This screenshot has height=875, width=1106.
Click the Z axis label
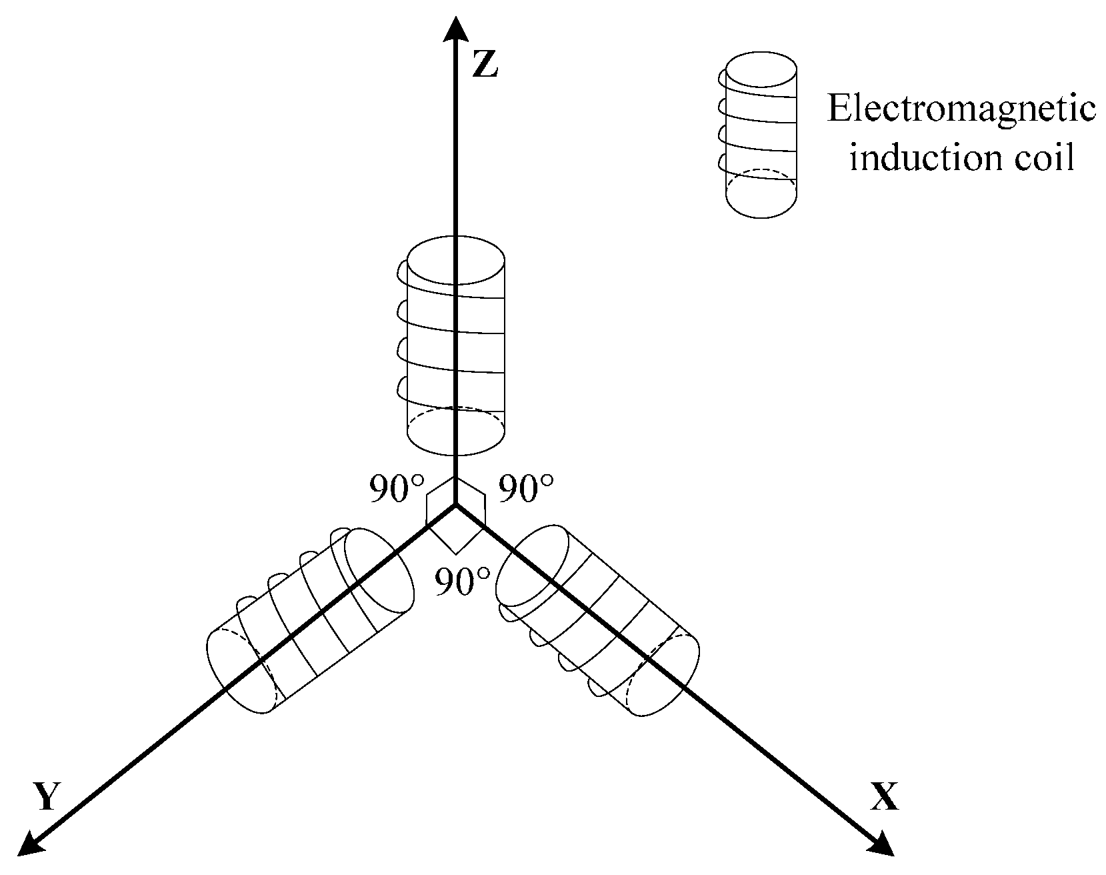point(485,65)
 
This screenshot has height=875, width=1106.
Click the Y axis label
point(45,796)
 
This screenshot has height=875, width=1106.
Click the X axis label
point(884,796)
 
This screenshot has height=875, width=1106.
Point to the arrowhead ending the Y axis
point(29,844)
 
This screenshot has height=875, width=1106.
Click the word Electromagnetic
point(961,109)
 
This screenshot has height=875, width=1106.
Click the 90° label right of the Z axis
point(527,490)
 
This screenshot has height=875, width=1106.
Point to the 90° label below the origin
point(462,582)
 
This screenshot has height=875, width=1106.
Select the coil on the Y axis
point(309,620)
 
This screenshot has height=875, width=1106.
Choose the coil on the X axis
point(598,620)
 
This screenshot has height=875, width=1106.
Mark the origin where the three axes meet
point(455,506)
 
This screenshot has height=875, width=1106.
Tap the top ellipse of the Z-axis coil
point(455,259)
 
